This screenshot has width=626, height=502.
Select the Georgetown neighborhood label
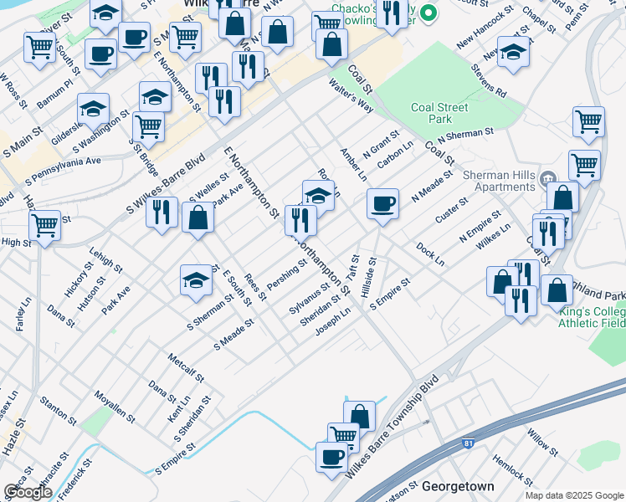click(458, 486)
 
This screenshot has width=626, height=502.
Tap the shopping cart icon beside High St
click(44, 224)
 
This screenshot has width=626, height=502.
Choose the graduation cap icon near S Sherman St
click(196, 279)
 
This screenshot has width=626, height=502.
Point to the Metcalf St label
click(186, 366)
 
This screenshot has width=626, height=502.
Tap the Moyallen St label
click(115, 405)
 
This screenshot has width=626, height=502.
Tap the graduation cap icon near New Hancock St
click(513, 52)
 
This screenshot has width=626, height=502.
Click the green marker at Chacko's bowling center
click(428, 13)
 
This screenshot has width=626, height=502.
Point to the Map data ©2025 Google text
click(575, 494)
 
